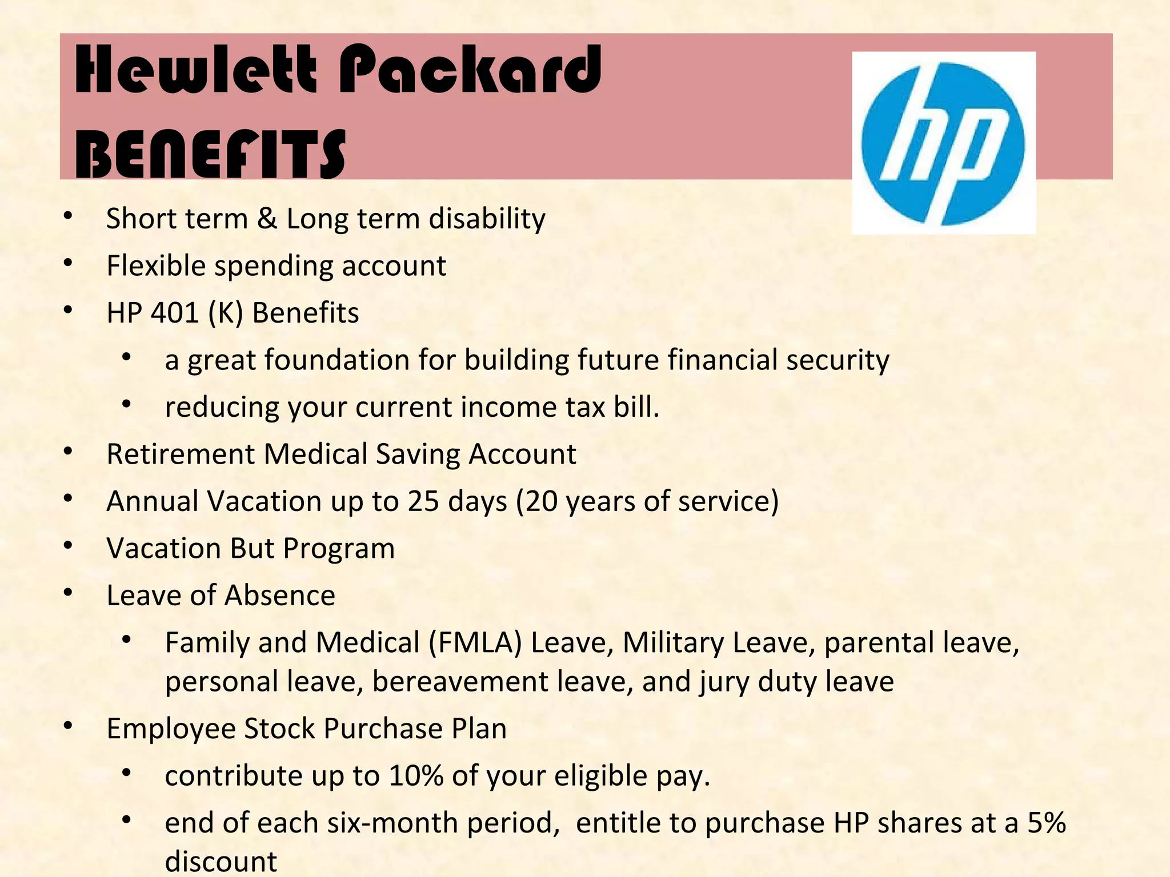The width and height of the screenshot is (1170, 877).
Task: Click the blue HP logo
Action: point(943,143)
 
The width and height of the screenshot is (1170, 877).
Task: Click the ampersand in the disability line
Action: point(267,219)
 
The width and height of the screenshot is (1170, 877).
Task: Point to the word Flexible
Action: point(156,266)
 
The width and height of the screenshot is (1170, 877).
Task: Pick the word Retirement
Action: point(181,454)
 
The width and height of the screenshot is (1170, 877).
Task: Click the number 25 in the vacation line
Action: point(423,501)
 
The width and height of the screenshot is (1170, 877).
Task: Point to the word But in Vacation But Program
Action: point(252,549)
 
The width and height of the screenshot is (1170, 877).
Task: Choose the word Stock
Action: point(279,729)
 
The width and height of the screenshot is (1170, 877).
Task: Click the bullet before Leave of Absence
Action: point(68,593)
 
